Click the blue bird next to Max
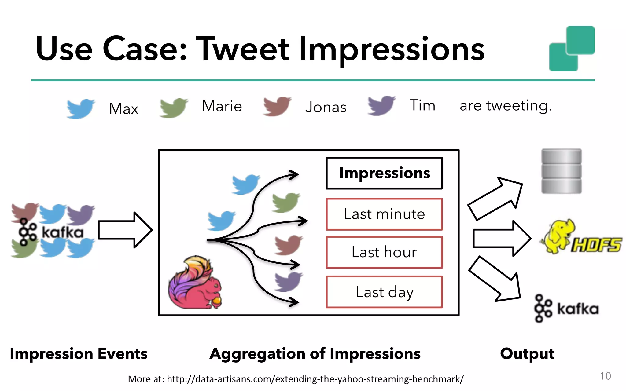pyautogui.click(x=80, y=108)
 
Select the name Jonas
pyautogui.click(x=326, y=107)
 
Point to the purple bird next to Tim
pyautogui.click(x=381, y=105)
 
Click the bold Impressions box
pyautogui.click(x=384, y=173)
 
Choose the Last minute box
pyautogui.click(x=384, y=214)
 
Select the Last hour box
pyautogui.click(x=384, y=252)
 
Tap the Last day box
pyautogui.click(x=384, y=292)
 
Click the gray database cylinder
pyautogui.click(x=561, y=171)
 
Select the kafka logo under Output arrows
pyautogui.click(x=566, y=309)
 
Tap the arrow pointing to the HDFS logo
pyautogui.click(x=501, y=238)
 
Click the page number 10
pyautogui.click(x=605, y=376)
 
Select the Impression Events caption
pyautogui.click(x=79, y=354)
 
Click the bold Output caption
pyautogui.click(x=527, y=354)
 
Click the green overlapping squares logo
pyautogui.click(x=572, y=49)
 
